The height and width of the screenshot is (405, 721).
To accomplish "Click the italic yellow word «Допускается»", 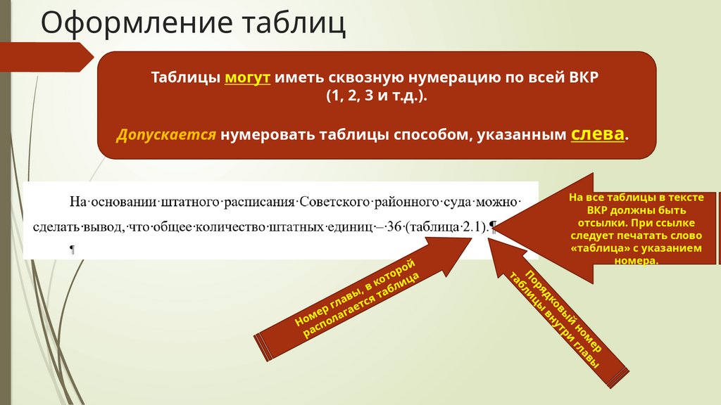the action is click(x=166, y=134).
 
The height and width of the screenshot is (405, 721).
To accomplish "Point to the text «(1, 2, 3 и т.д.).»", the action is click(x=376, y=96).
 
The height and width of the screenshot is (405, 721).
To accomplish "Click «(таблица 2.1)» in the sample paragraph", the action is click(x=445, y=226).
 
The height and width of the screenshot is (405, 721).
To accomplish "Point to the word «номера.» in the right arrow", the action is click(x=641, y=261).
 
